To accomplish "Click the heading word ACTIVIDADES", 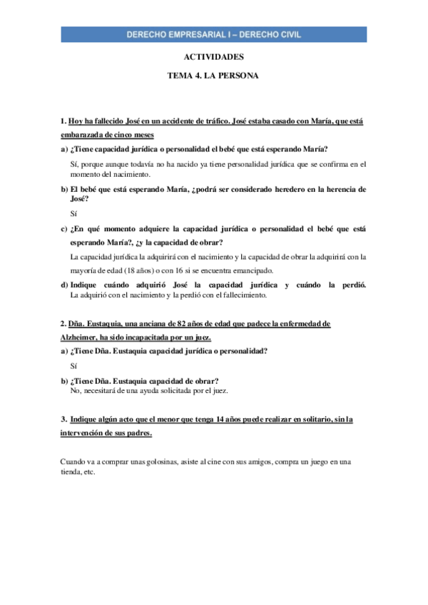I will coord(213,57).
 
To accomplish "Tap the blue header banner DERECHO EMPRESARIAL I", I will coord(214,34).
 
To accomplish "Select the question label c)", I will coord(64,229).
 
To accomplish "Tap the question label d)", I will coord(64,285).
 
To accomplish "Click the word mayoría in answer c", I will coord(85,270).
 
